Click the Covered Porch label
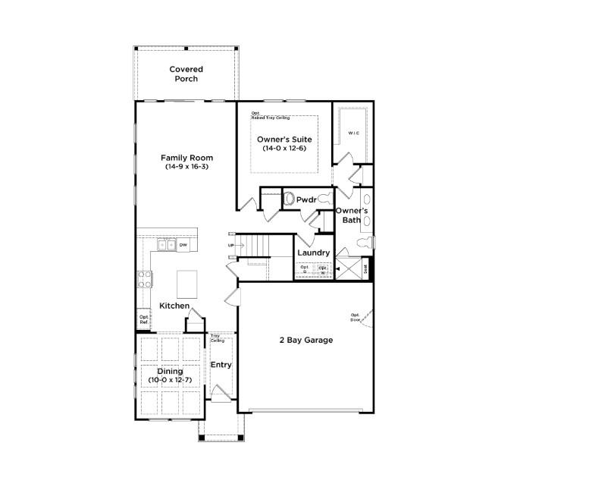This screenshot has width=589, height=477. (186, 74)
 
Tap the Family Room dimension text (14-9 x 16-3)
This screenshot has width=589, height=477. (186, 166)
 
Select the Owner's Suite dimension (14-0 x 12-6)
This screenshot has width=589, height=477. (284, 149)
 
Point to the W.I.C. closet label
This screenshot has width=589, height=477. (353, 133)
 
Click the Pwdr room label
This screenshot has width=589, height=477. (306, 200)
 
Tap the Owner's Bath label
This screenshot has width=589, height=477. (352, 215)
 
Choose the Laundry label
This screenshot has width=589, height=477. (313, 253)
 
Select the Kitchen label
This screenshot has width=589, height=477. (174, 306)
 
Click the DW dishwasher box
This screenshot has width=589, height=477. (183, 245)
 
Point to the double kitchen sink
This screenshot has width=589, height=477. (166, 245)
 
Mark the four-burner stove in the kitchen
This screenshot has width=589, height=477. (143, 279)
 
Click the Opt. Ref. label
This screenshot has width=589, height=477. (143, 319)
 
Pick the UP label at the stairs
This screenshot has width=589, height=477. (230, 246)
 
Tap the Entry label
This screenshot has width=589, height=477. (221, 365)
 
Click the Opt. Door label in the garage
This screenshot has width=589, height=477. (355, 317)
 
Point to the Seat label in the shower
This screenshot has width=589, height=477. (366, 268)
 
